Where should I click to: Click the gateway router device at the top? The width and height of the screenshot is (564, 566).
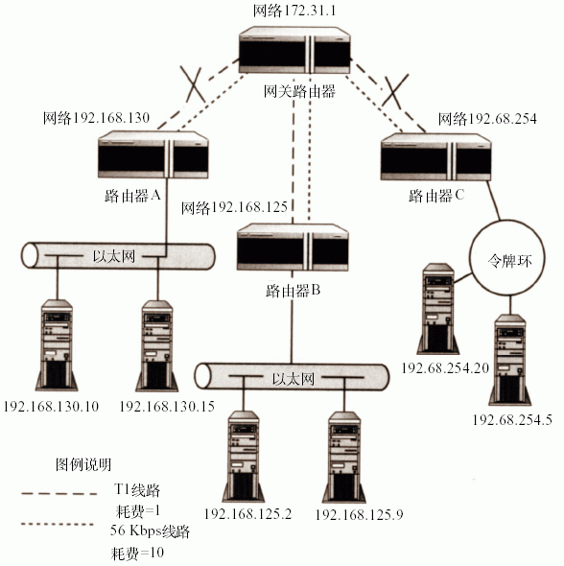[x=294, y=50]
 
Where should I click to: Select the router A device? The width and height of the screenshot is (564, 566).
[x=153, y=154]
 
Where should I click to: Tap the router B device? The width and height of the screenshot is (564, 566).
[x=293, y=247]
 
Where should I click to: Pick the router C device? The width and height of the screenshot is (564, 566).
[x=435, y=156]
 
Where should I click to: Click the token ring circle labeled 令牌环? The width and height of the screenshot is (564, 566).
[x=507, y=221]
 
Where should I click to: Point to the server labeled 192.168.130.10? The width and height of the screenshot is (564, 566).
[x=57, y=345]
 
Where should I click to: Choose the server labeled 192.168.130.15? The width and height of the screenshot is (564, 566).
[x=157, y=345]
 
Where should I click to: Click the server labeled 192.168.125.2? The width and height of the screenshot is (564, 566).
[x=244, y=457]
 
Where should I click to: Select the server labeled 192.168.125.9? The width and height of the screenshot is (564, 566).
[x=344, y=457]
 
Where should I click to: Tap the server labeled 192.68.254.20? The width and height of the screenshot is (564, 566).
[x=438, y=309]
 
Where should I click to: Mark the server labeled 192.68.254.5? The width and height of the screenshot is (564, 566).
[x=510, y=360]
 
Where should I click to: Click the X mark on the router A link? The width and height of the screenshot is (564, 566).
[x=194, y=84]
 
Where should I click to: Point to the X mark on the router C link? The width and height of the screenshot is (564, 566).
[x=395, y=91]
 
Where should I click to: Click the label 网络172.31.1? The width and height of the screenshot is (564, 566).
[x=294, y=11]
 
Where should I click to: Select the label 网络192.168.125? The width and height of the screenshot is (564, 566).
[x=234, y=207]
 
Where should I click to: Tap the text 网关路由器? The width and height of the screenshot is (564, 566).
[x=299, y=91]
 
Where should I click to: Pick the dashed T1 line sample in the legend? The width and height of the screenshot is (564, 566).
[x=59, y=493]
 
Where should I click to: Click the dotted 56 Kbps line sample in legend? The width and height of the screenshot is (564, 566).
[x=58, y=524]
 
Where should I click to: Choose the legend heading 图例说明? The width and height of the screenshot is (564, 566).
[x=83, y=464]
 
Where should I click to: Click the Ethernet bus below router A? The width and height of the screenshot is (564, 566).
[x=118, y=256]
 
